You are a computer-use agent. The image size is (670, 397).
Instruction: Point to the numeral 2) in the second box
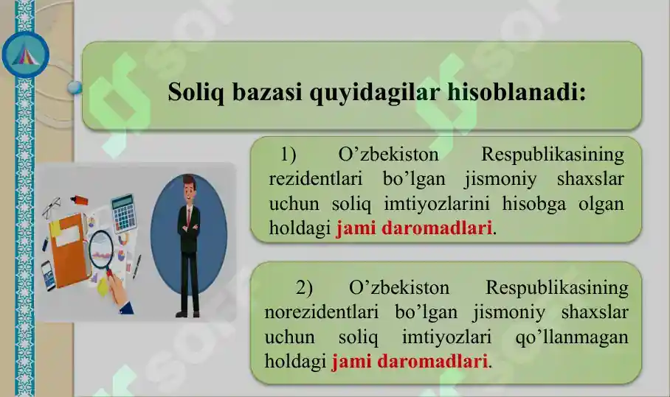click(x=305, y=287)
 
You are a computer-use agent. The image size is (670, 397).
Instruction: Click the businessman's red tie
click(x=189, y=221)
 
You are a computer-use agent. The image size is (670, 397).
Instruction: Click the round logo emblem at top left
click(x=26, y=55)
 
